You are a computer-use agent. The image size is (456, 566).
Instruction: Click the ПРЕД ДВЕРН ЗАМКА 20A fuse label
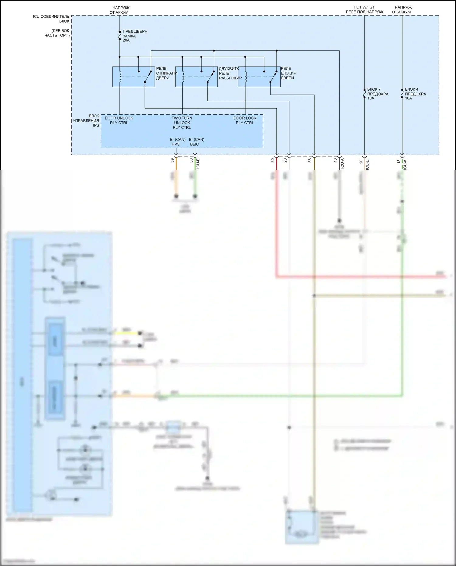(135, 36)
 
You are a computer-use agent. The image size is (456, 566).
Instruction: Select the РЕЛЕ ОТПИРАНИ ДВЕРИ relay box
(133, 77)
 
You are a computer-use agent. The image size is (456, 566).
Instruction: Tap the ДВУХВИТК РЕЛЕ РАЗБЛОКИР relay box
(196, 77)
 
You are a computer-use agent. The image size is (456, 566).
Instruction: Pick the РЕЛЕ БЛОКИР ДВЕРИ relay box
(259, 77)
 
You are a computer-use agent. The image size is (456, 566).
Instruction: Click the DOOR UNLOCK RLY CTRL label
(119, 120)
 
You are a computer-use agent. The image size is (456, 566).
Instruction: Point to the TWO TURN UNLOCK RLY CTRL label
(182, 123)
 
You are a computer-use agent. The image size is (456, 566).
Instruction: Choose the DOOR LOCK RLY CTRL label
(245, 120)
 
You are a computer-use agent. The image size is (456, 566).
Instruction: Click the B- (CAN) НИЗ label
(178, 142)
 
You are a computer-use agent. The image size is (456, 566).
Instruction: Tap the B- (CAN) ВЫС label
(196, 142)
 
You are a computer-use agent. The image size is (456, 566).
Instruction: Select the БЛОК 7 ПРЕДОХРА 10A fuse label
(378, 94)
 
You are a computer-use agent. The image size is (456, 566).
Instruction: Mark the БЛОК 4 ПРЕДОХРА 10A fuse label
(415, 94)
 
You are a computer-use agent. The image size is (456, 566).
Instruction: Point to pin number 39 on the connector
(172, 160)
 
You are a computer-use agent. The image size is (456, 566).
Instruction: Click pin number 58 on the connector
(310, 160)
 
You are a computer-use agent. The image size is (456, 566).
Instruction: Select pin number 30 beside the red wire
(273, 160)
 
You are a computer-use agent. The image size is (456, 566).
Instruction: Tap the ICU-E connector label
(198, 163)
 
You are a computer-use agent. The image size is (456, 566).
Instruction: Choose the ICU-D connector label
(367, 164)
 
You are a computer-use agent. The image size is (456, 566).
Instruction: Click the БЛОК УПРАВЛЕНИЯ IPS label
(86, 120)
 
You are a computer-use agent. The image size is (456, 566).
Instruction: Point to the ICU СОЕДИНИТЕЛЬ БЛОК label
(51, 19)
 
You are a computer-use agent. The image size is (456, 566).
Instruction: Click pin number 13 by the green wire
(399, 161)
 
